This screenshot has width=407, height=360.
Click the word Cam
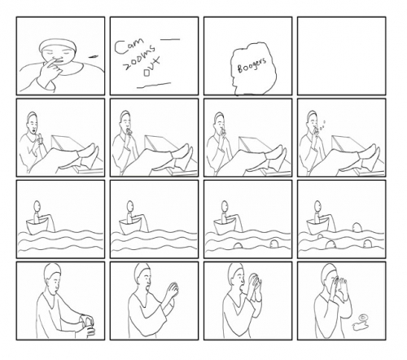tap(129, 43)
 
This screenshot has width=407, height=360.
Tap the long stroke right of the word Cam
tap(171, 40)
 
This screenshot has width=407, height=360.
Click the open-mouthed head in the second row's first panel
tap(32, 123)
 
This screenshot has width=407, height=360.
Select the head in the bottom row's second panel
tap(143, 278)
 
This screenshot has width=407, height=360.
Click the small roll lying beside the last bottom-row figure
tap(357, 324)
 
